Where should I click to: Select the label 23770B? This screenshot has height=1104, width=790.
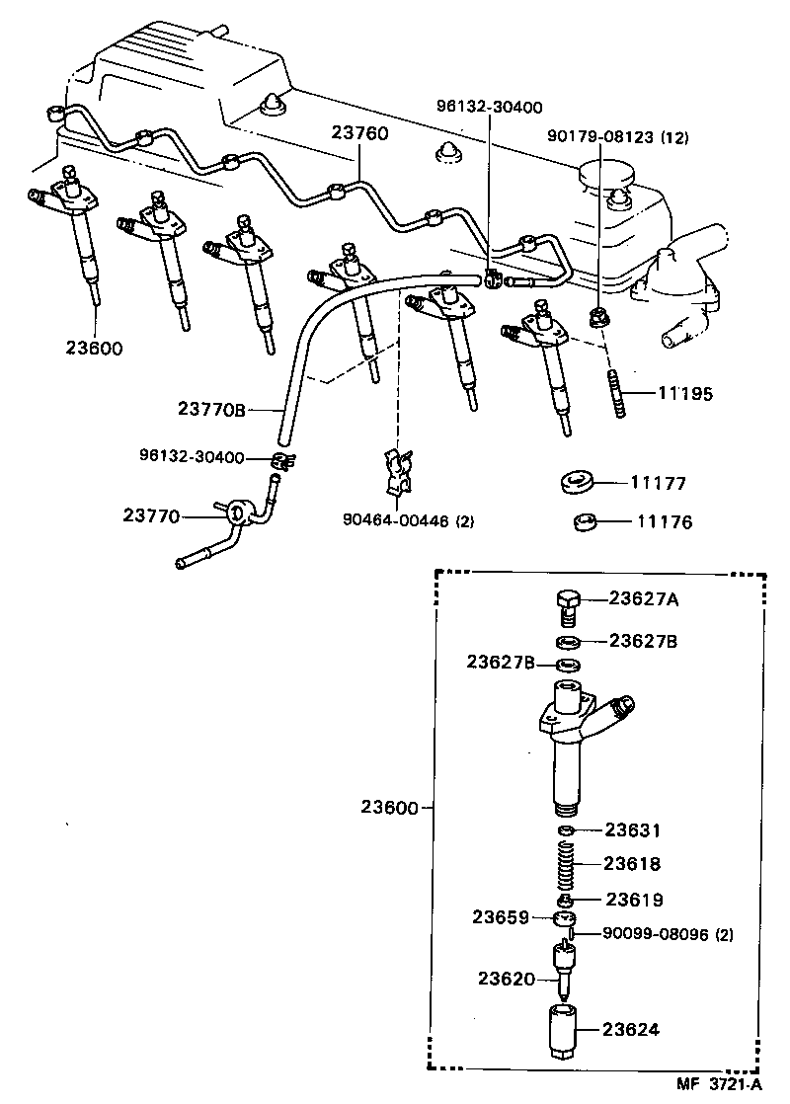pos(211,409)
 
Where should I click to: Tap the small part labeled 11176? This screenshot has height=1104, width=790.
pos(587,521)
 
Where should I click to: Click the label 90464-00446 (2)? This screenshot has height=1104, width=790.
pos(404,520)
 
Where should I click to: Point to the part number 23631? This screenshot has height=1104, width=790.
pos(632,830)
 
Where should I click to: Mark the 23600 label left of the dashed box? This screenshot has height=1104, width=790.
pos(391,807)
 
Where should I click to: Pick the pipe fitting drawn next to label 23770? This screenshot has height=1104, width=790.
pos(237,514)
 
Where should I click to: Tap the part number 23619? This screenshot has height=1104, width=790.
pos(632,900)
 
